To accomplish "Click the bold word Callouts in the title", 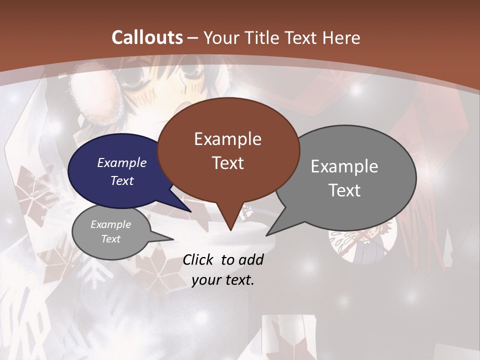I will [x=147, y=37].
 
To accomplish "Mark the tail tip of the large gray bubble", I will [x=268, y=234].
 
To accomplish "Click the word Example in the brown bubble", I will [x=228, y=139].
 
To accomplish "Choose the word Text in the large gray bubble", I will [x=344, y=190].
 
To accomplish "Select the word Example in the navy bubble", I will [x=122, y=162].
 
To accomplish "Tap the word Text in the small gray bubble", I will [x=111, y=239].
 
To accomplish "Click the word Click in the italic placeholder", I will [x=198, y=259].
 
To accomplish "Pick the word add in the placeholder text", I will [x=251, y=259].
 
